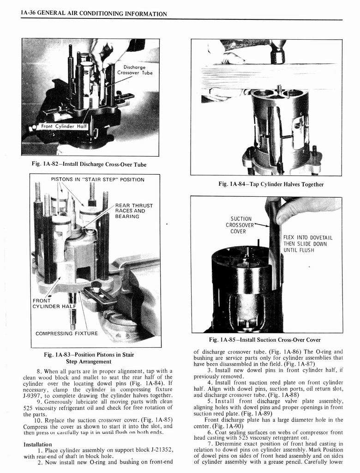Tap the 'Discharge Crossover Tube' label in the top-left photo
tap(134, 70)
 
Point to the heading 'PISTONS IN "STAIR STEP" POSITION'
tap(97, 179)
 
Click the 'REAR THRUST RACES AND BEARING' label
tap(134, 211)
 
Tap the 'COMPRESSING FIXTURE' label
tap(66, 333)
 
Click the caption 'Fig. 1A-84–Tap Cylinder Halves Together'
tap(271, 184)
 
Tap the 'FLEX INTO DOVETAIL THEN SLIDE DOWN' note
tap(308, 244)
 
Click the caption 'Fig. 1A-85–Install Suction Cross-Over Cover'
tap(264, 340)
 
